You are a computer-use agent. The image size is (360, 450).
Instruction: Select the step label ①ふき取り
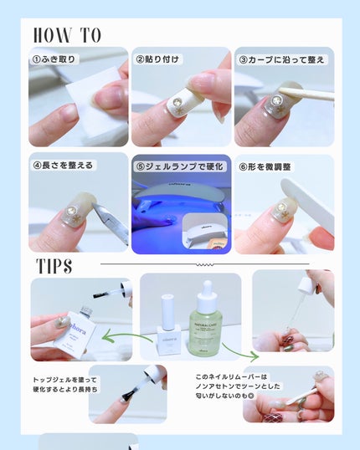point(56,59)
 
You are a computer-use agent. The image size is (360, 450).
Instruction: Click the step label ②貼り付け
point(159,59)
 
